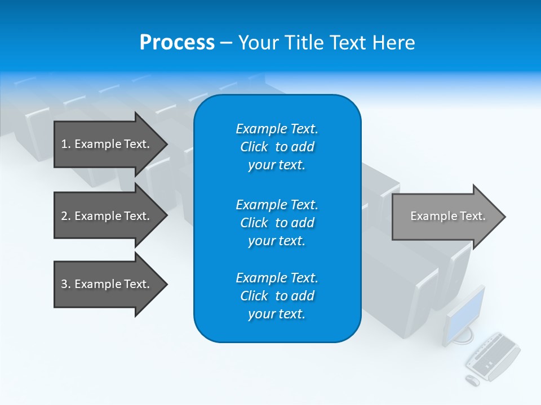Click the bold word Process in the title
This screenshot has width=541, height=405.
point(177,43)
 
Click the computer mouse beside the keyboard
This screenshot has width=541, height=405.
point(472,381)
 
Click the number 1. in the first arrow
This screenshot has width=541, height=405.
point(66,144)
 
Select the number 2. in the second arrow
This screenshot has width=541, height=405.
point(66,216)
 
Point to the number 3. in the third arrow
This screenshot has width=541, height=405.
point(66,284)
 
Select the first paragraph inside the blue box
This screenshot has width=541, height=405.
point(277,147)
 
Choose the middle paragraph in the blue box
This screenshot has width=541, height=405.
point(277,223)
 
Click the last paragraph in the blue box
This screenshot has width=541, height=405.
point(277,296)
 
